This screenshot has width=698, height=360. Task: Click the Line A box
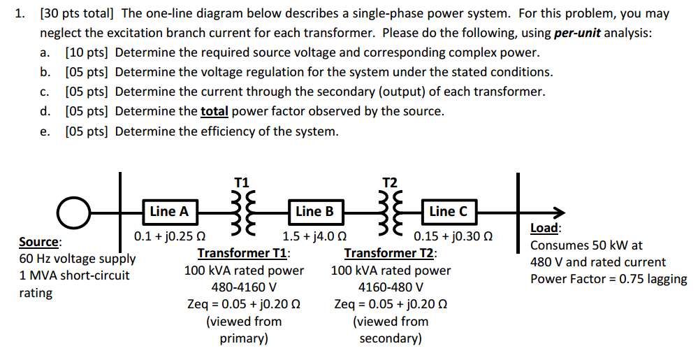pyautogui.click(x=169, y=211)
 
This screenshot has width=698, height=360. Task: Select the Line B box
pyautogui.click(x=314, y=211)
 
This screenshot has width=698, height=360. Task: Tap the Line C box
pyautogui.click(x=448, y=211)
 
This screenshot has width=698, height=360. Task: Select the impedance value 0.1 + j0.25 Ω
pyautogui.click(x=169, y=236)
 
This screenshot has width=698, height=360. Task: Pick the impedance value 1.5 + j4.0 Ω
pyautogui.click(x=314, y=236)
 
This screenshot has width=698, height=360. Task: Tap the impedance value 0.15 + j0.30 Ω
pyautogui.click(x=451, y=236)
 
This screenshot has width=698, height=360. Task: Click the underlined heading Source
pyautogui.click(x=40, y=242)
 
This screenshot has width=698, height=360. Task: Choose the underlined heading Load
pyautogui.click(x=544, y=228)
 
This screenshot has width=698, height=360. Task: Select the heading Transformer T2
pyautogui.click(x=391, y=253)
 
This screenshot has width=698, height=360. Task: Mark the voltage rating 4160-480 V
pyautogui.click(x=391, y=287)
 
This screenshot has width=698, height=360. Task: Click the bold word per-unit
pyautogui.click(x=579, y=33)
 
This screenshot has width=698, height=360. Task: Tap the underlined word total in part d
pyautogui.click(x=215, y=111)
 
